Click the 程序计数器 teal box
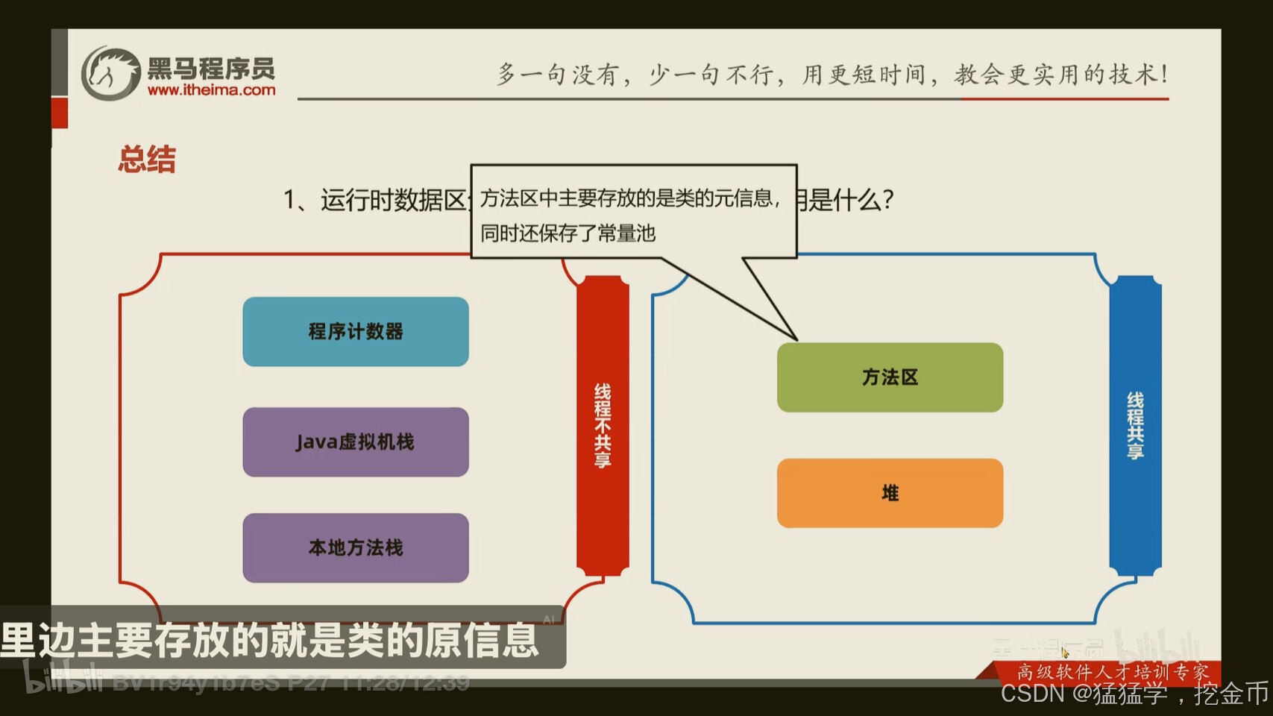click(356, 332)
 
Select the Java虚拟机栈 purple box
click(356, 442)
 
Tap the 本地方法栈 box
click(356, 547)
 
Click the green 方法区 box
click(890, 377)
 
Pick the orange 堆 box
click(890, 493)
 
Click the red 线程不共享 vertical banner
click(603, 425)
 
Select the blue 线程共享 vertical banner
click(1135, 425)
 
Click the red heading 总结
click(147, 160)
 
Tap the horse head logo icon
click(110, 73)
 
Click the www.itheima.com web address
click(211, 90)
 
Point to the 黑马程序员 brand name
click(211, 69)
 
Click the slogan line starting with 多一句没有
click(832, 74)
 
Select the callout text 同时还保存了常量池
click(568, 233)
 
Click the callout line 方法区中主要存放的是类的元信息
click(630, 198)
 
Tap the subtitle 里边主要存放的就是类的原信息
click(270, 640)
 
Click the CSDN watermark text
click(1134, 694)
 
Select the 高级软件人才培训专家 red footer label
click(1113, 672)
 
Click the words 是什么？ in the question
click(850, 200)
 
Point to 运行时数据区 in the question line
click(393, 200)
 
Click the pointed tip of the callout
click(796, 339)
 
